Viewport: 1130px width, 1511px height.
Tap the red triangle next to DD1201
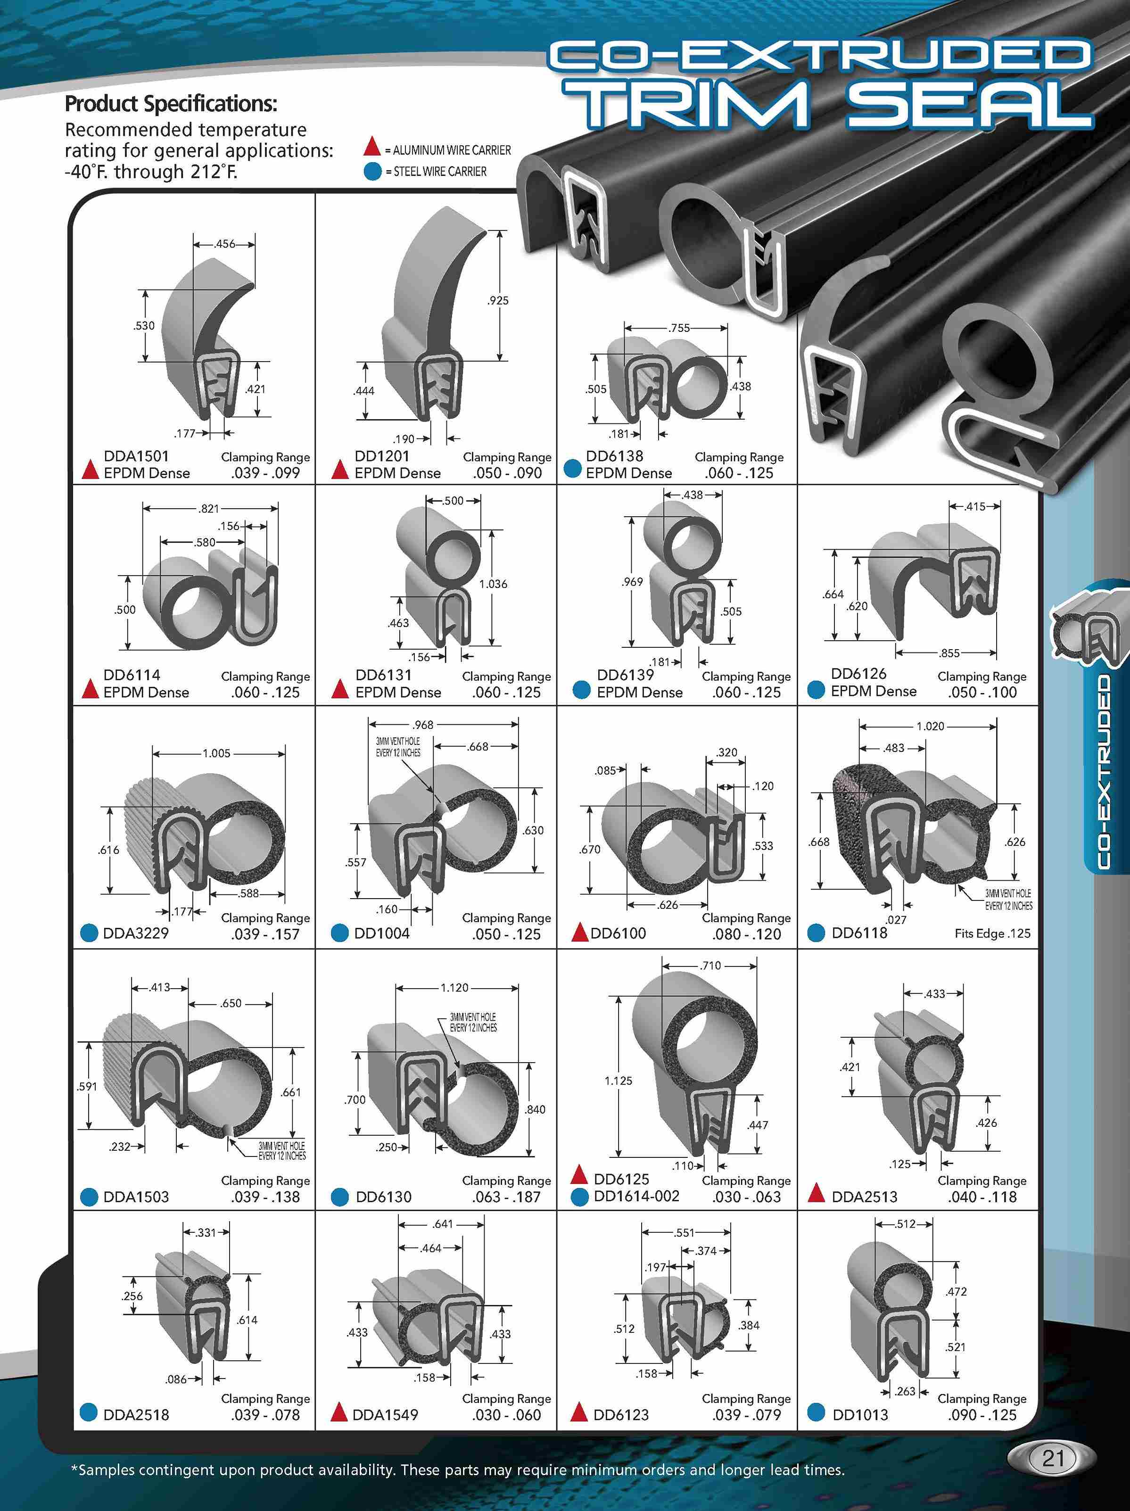[x=339, y=470]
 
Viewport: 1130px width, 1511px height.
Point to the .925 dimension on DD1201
[x=498, y=301]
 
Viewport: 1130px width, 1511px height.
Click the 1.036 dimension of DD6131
[x=493, y=584]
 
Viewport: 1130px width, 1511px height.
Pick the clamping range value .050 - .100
[x=982, y=692]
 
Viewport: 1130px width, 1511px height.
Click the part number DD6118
[x=859, y=933]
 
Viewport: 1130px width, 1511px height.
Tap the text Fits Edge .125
[x=992, y=933]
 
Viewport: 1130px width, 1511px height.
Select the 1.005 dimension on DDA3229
[x=216, y=753]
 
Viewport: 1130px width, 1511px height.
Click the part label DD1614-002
[x=636, y=1196]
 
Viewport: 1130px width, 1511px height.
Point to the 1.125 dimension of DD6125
[x=619, y=1081]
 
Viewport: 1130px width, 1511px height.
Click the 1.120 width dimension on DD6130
[x=454, y=988]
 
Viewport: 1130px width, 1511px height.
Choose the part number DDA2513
[x=864, y=1197]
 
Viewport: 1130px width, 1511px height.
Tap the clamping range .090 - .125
[x=982, y=1415]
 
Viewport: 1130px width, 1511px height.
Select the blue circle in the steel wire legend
[x=372, y=172]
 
